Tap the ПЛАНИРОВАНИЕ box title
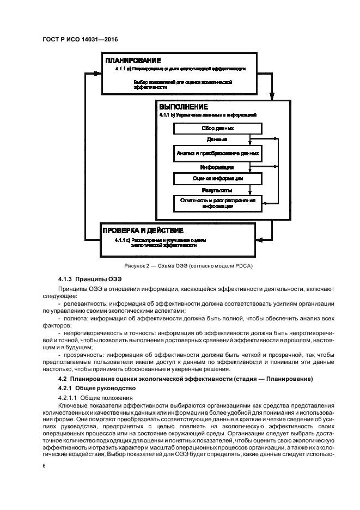[x=133, y=60]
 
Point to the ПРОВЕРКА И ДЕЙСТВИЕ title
[x=143, y=230]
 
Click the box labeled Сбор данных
[x=217, y=129]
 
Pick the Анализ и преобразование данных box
[x=217, y=154]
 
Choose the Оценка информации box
[x=217, y=178]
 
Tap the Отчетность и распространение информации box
[x=217, y=204]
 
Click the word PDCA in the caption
[x=243, y=265]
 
